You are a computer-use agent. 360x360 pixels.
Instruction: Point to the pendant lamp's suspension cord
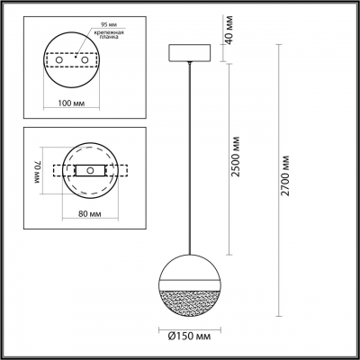tap(190, 162)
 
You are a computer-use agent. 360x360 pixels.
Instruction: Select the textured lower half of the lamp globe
tap(190, 305)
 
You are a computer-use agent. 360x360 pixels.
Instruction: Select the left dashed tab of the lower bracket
tap(60, 170)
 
